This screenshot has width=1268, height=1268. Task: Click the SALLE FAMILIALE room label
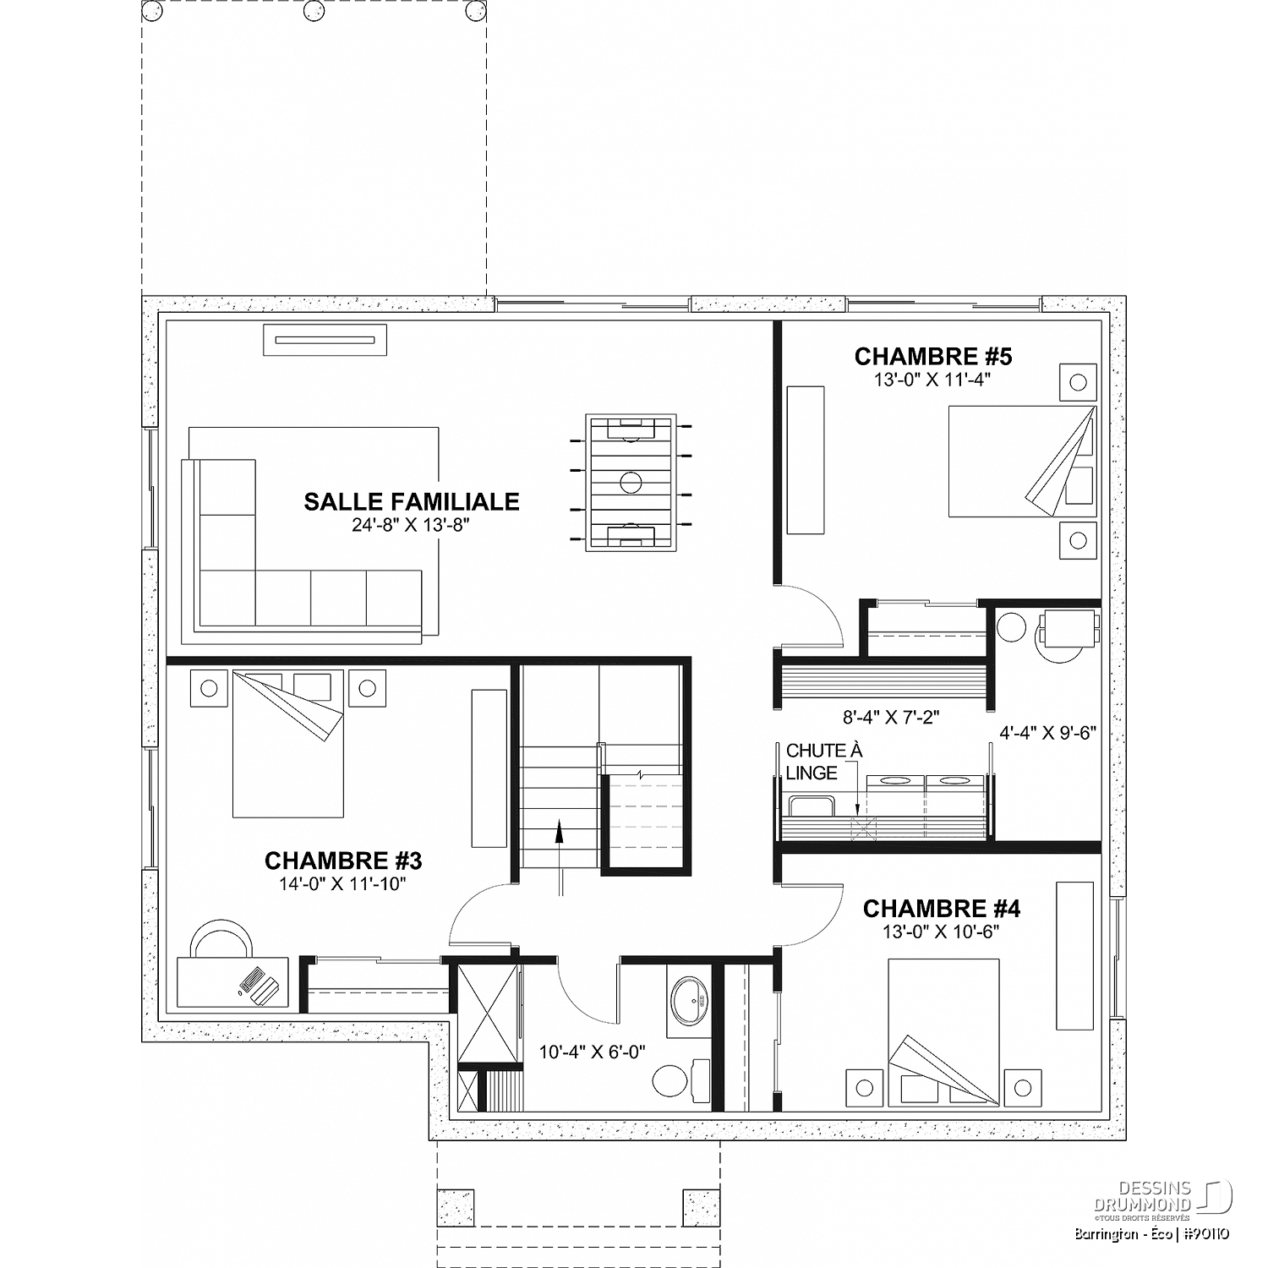[x=412, y=501]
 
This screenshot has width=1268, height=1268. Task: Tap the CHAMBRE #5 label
[x=933, y=356]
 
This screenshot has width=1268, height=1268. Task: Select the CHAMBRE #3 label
[x=343, y=861]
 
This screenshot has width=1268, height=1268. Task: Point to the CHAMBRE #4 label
[x=942, y=909]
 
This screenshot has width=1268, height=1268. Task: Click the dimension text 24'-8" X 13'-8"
[x=411, y=526]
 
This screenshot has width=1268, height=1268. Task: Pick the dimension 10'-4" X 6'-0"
[x=593, y=1052]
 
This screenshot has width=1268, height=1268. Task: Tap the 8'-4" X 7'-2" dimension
[x=891, y=718]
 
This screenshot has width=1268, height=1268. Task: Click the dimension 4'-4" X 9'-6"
[x=1048, y=733]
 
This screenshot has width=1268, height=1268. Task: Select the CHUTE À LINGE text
[x=812, y=762]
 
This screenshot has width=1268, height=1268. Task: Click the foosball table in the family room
[x=631, y=483]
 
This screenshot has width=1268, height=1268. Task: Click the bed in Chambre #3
[x=288, y=744]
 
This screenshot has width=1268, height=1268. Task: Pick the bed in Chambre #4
[x=943, y=1031]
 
